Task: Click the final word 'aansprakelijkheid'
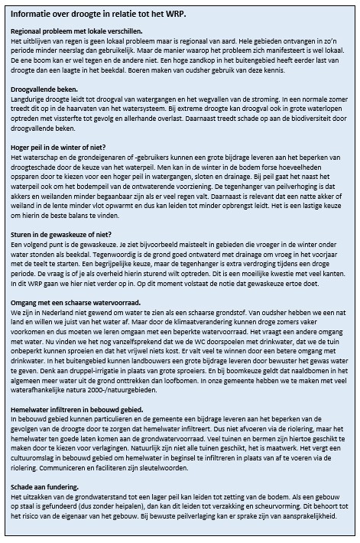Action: click(309, 515)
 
